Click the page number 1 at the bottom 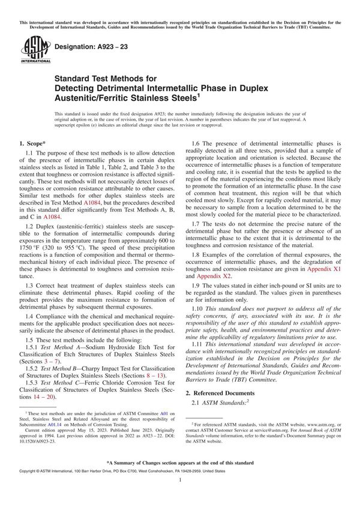point(180,497)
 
